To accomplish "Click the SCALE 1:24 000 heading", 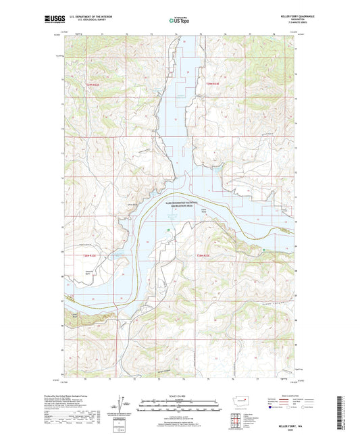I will coord(180,396).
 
